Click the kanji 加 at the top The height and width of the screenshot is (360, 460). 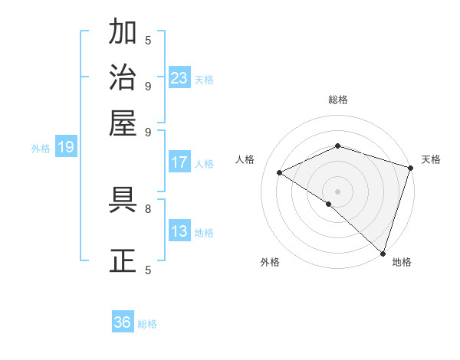coord(123,33)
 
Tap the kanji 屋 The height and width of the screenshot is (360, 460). coord(123,122)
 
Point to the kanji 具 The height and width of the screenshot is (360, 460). coord(123,201)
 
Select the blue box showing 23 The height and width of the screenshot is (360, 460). coord(179,78)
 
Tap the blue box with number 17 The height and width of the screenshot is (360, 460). coord(179,162)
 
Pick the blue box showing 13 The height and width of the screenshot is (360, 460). coord(179,231)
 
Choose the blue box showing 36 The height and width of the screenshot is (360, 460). coord(123,323)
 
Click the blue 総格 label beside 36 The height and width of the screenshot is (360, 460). coord(148,324)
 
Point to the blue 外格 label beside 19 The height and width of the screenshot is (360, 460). coord(40,149)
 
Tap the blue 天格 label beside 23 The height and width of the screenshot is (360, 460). coord(204,79)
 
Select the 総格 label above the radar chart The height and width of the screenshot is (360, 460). coord(337,100)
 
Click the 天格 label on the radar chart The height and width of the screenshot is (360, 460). coord(431,159)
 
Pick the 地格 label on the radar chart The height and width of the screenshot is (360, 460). coord(402,262)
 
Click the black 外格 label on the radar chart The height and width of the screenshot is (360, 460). coord(270,262)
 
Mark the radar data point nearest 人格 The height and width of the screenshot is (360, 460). coord(280,172)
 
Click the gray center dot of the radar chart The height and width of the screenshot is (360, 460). coord(337,191)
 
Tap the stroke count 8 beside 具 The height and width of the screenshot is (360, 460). coord(148,208)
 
